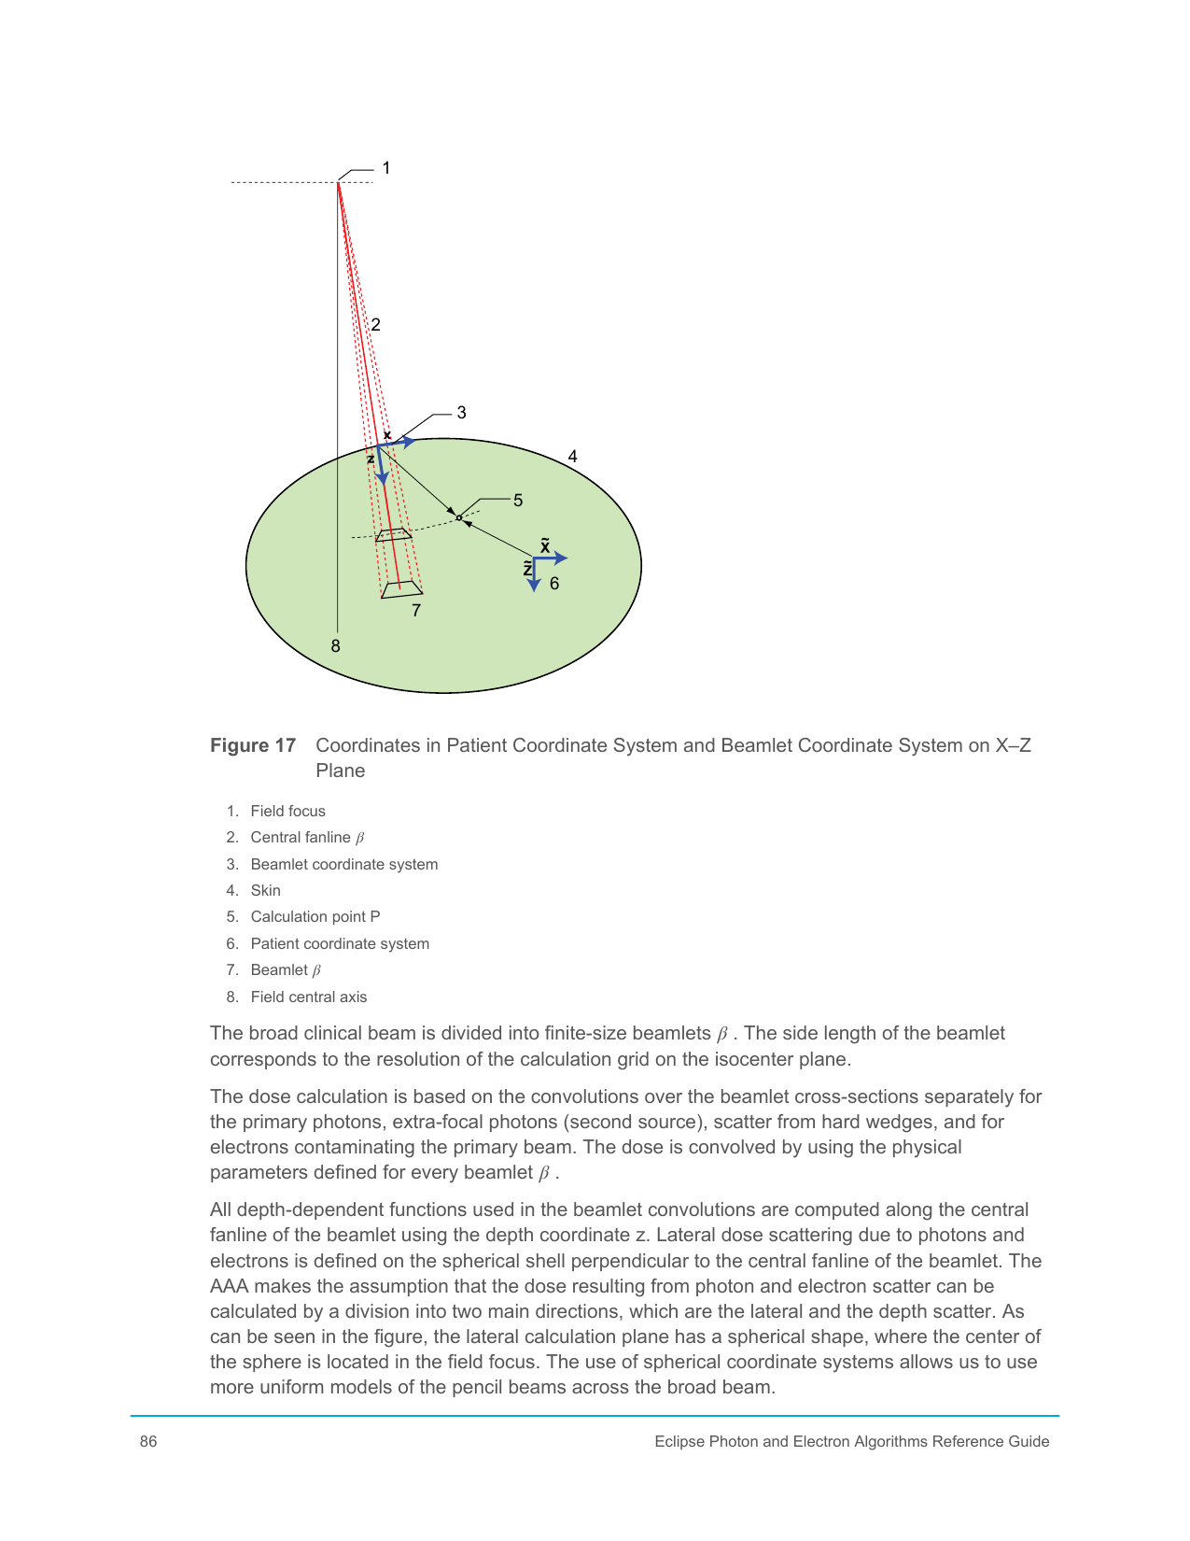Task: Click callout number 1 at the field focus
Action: coord(386,168)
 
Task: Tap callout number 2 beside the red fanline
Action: coord(375,325)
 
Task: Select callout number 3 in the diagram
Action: coord(461,413)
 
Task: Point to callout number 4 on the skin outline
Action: coord(572,457)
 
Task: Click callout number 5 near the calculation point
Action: coord(518,501)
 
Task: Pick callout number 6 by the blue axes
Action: coord(554,584)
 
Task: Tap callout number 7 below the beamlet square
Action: coord(416,611)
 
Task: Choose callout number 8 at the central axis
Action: coord(336,646)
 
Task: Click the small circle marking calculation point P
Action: coord(459,517)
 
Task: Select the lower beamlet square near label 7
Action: coord(401,589)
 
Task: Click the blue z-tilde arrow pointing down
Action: coord(533,575)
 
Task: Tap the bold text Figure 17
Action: coord(253,745)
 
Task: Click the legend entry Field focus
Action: coord(287,812)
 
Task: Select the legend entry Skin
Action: coord(265,891)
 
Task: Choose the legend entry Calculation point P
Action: coord(315,917)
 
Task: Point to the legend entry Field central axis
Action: coord(308,997)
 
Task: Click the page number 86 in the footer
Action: coord(148,1442)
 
